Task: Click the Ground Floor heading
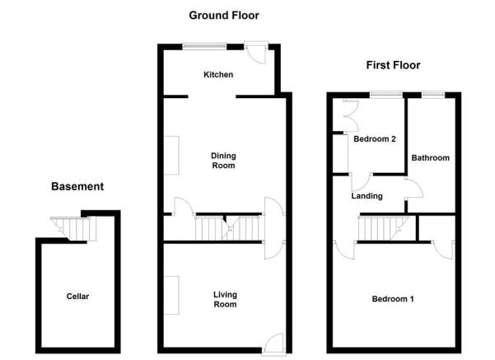224,15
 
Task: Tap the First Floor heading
393,65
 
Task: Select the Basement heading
77,186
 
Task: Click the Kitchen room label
218,74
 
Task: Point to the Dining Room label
223,161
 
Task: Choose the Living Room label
225,299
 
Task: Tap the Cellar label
77,297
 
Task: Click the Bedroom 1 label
393,299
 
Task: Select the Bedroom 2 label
375,139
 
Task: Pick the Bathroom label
430,158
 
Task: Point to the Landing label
367,196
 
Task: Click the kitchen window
204,46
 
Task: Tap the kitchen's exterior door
256,53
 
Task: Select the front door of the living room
273,344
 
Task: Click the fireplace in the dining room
172,156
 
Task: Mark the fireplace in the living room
172,295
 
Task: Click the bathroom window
432,95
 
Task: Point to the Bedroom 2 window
386,95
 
